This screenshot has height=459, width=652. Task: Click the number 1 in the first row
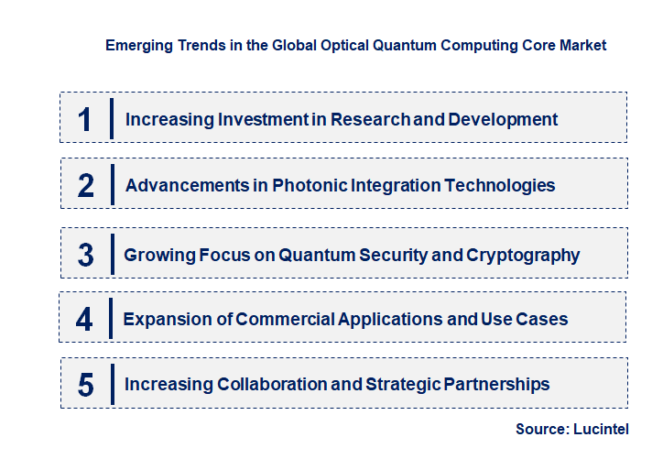(x=85, y=119)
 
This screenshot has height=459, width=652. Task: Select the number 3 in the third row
(x=85, y=256)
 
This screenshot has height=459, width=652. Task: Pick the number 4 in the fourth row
(x=84, y=320)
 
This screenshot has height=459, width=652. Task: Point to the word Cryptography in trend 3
(x=523, y=256)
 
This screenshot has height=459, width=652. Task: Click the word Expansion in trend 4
(x=166, y=320)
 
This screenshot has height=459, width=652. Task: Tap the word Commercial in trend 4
(x=285, y=320)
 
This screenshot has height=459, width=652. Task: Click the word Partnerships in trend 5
(x=495, y=384)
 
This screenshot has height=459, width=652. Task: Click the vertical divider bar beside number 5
(x=111, y=383)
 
